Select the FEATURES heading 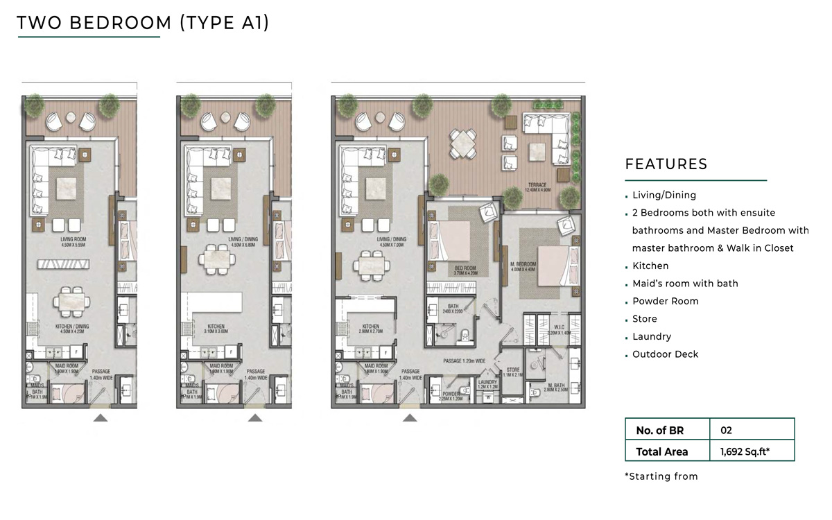(666, 164)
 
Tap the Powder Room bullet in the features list (665, 301)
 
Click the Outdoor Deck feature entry (665, 354)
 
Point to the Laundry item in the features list (652, 336)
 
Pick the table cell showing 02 (727, 431)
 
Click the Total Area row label (662, 451)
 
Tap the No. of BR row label (659, 431)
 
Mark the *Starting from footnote (661, 476)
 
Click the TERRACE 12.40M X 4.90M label (537, 187)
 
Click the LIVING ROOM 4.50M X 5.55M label (73, 243)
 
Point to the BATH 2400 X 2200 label (452, 308)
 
